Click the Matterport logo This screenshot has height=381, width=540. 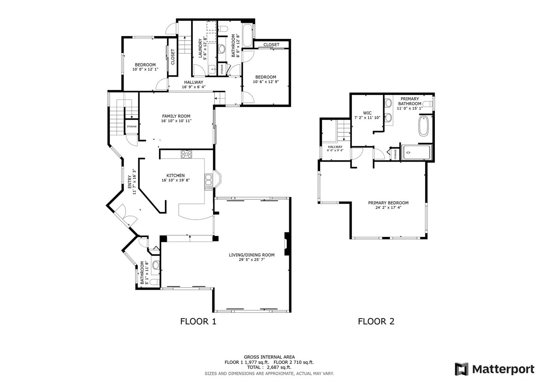495,369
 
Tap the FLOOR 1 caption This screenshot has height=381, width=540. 198,321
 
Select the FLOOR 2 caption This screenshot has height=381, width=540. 376,321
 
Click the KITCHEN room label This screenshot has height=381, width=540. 175,176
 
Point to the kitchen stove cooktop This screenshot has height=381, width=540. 186,154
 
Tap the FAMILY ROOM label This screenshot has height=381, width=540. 176,116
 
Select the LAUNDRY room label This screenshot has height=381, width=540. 200,48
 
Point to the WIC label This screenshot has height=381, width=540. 368,113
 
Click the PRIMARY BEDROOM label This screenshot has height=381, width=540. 388,203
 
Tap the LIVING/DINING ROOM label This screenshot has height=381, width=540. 252,255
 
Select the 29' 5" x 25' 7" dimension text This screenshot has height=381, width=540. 250,260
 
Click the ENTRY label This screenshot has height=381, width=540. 130,182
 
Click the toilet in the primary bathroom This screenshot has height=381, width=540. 428,104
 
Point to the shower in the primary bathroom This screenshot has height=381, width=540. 416,152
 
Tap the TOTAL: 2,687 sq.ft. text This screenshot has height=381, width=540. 269,367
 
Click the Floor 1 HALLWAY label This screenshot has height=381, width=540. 194,82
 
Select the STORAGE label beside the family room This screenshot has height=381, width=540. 132,126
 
